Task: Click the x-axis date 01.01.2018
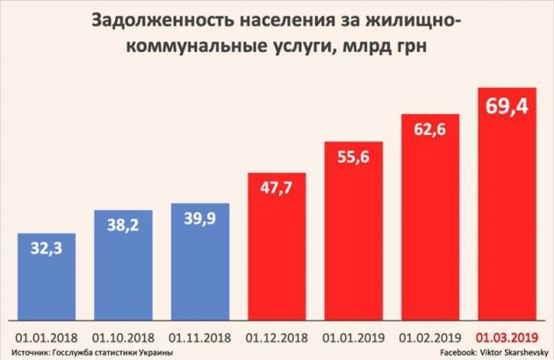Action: click(47, 336)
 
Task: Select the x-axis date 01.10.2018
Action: click(123, 336)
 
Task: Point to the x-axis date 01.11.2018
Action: click(200, 336)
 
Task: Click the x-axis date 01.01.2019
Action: click(353, 336)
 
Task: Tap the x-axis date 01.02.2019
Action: click(429, 336)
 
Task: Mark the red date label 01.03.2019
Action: click(506, 336)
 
